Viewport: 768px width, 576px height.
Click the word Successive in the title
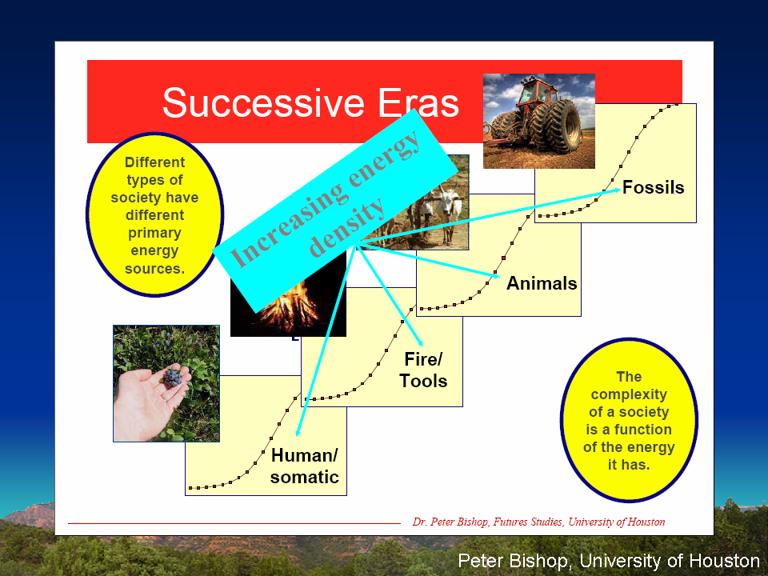click(263, 103)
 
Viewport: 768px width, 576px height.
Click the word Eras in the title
click(418, 103)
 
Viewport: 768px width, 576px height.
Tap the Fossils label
click(653, 187)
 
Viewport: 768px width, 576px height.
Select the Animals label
click(542, 283)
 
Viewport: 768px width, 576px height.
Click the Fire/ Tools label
click(423, 370)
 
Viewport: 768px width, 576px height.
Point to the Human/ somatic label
click(304, 466)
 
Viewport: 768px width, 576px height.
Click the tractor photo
click(538, 121)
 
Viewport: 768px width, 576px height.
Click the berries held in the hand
click(173, 377)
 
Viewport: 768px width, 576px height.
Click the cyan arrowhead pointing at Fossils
click(617, 190)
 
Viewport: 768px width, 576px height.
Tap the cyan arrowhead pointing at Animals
click(496, 275)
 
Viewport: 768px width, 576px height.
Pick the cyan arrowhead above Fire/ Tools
click(420, 343)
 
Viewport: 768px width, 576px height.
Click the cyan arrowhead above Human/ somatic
click(298, 431)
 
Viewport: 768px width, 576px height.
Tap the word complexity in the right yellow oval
click(629, 394)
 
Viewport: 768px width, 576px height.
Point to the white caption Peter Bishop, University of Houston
click(609, 560)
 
